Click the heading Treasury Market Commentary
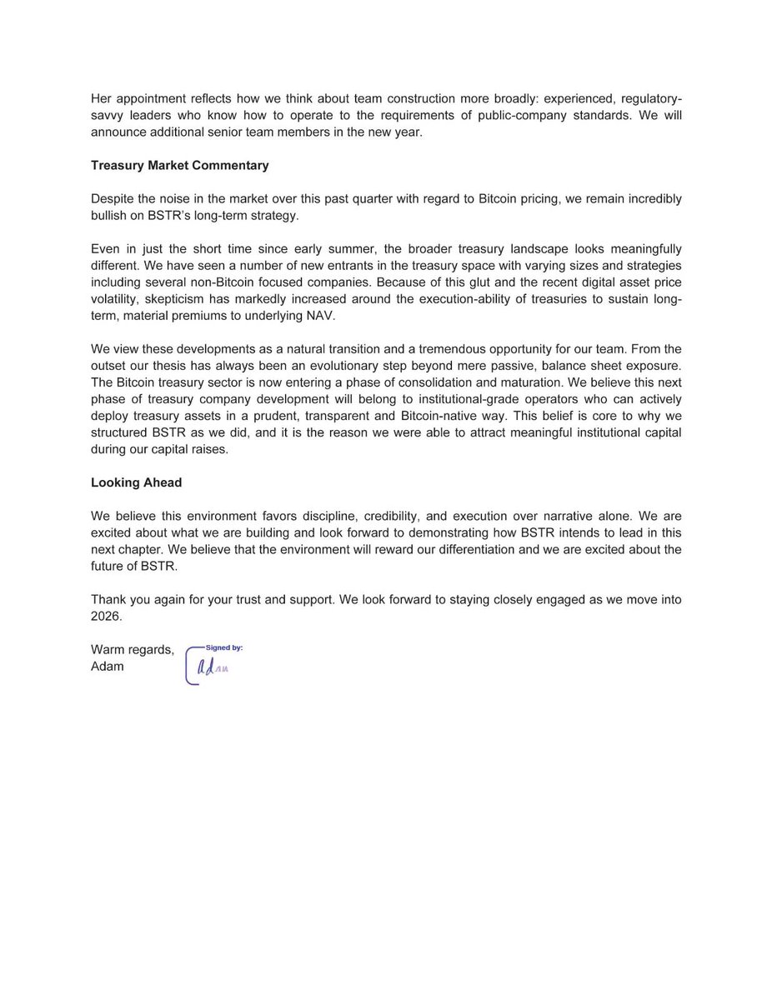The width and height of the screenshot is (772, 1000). pyautogui.click(x=179, y=165)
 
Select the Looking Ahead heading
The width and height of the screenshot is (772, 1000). pyautogui.click(x=136, y=482)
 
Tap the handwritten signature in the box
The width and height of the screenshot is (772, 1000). pyautogui.click(x=212, y=667)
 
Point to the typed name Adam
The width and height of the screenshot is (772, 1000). pyautogui.click(x=108, y=666)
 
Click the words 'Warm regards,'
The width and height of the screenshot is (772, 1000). pyautogui.click(x=133, y=651)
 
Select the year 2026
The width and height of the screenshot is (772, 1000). pyautogui.click(x=107, y=617)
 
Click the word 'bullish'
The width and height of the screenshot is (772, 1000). pyautogui.click(x=113, y=217)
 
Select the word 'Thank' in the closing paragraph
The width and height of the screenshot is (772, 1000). pyautogui.click(x=109, y=600)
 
